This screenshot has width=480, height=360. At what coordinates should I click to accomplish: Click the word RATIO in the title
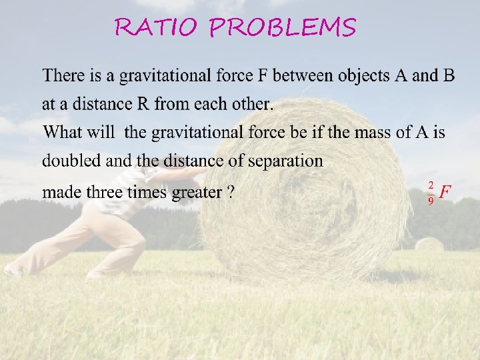[157, 28]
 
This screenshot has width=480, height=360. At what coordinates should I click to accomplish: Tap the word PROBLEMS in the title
[283, 28]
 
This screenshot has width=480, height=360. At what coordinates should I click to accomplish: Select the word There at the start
[61, 76]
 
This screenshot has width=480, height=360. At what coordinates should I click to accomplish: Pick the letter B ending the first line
[449, 76]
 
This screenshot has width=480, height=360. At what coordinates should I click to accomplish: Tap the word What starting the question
[61, 132]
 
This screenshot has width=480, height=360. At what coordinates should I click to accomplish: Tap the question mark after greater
[230, 193]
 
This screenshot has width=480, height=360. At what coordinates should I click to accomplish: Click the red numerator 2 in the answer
[431, 185]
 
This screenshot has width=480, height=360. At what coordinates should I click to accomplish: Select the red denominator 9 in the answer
[431, 200]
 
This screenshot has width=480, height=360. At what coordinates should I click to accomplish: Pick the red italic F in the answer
[445, 192]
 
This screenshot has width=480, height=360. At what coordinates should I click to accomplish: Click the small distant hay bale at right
[429, 244]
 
